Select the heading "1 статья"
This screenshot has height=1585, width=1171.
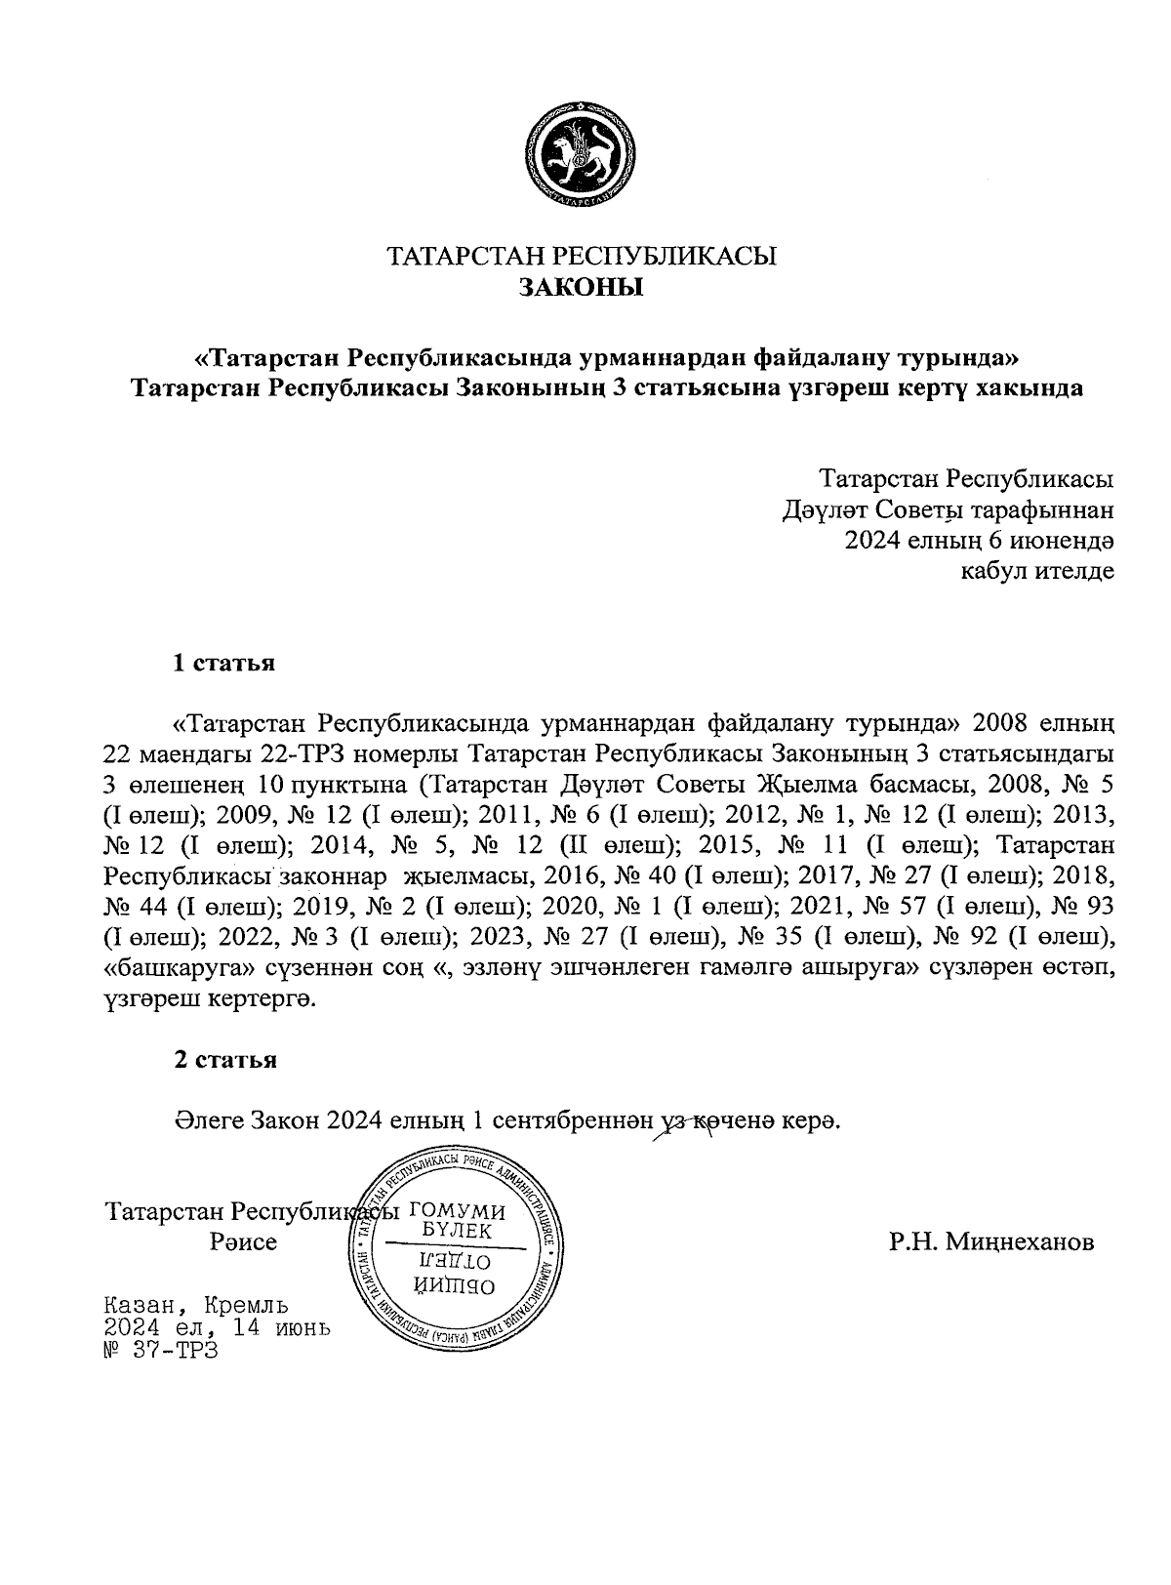point(223,664)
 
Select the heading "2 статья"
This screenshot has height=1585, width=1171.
point(224,1060)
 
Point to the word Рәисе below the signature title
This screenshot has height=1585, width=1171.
point(243,1242)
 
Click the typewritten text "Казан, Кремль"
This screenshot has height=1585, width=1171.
point(195,1305)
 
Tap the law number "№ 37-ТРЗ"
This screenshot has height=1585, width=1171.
point(161,1352)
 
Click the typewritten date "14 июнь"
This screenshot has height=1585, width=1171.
point(287,1328)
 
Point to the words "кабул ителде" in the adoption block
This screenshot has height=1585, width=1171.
point(1038,570)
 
